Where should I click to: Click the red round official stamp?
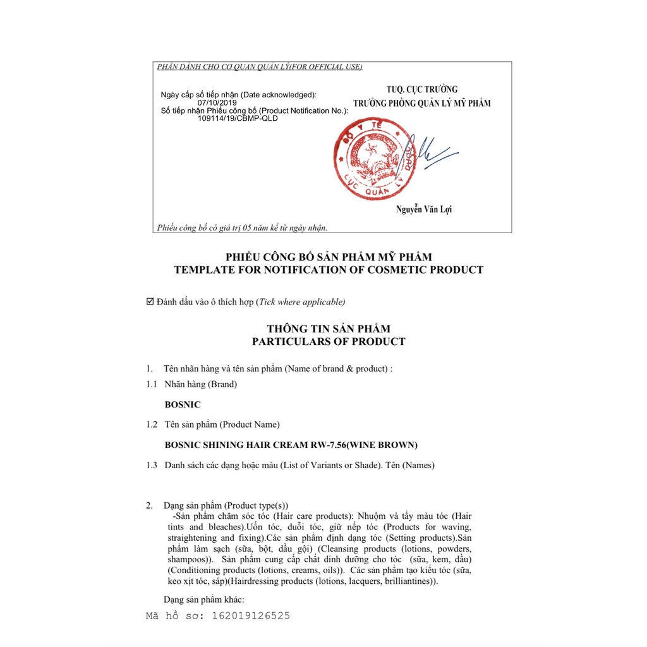point(366,160)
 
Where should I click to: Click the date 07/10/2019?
point(217,102)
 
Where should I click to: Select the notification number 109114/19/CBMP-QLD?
point(238,118)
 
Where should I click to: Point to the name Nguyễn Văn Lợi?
point(424,209)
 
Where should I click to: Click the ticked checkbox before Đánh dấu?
point(150,301)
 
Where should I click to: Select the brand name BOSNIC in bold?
point(183,404)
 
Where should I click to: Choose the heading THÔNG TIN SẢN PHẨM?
point(329,329)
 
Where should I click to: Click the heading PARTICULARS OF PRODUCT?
point(329,342)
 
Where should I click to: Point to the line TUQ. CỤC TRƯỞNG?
point(422,89)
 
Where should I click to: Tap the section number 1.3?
point(152,465)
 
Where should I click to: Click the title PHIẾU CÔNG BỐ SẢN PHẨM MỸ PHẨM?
point(329,257)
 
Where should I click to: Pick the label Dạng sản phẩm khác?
point(203,599)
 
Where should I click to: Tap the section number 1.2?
point(152,425)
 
